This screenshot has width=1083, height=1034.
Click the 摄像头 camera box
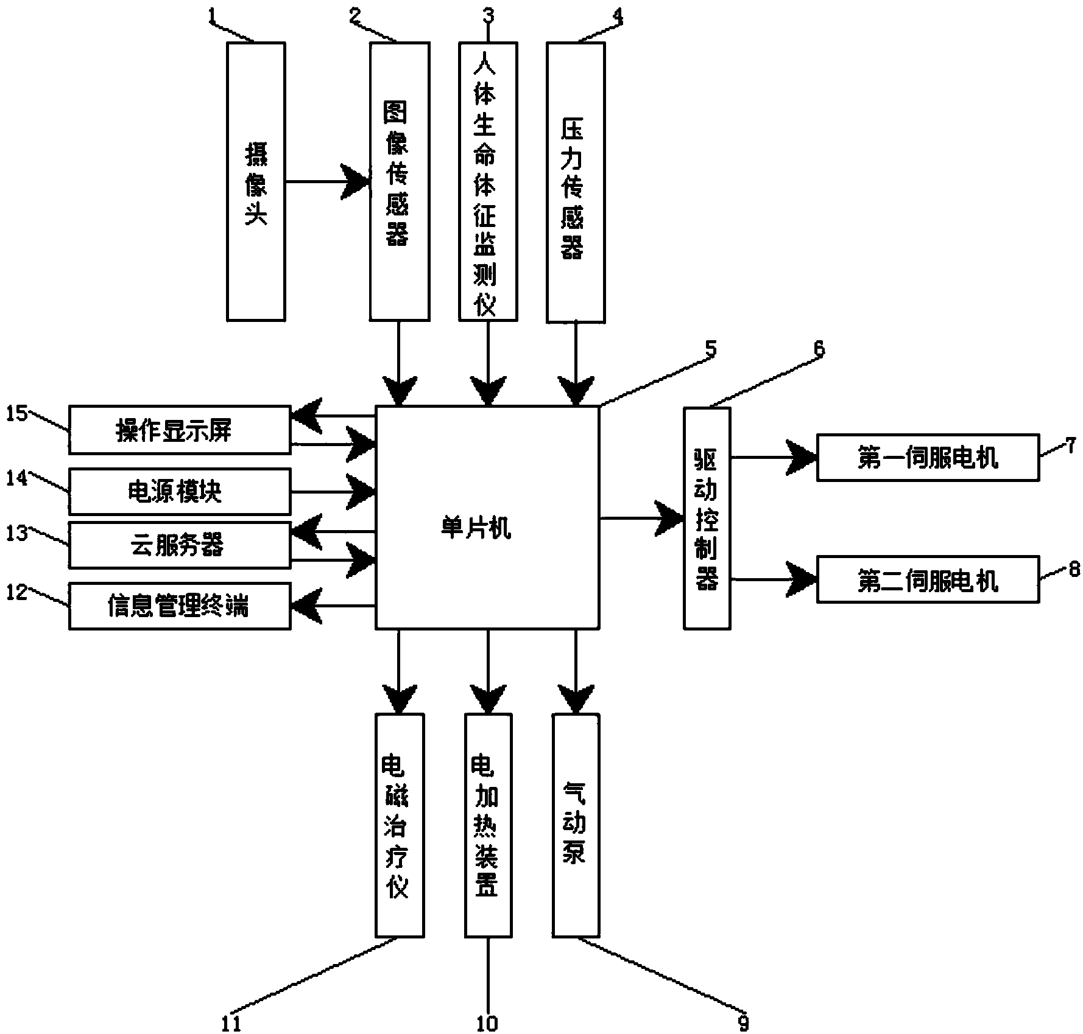pyautogui.click(x=255, y=181)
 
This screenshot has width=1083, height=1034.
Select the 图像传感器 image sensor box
pyautogui.click(x=399, y=181)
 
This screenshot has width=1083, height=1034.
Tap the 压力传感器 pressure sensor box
pyautogui.click(x=576, y=181)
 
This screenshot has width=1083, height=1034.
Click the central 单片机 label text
pyautogui.click(x=476, y=528)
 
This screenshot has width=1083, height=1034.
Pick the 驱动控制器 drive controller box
pyautogui.click(x=707, y=518)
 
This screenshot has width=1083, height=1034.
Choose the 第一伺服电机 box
pyautogui.click(x=927, y=458)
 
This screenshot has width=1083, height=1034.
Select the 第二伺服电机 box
pyautogui.click(x=927, y=579)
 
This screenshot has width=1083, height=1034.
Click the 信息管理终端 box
pyautogui.click(x=179, y=606)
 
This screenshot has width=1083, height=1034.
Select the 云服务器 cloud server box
pyautogui.click(x=179, y=545)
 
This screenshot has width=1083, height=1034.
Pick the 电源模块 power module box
pyautogui.click(x=179, y=491)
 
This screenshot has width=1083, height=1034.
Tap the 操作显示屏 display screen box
pyautogui.click(x=179, y=431)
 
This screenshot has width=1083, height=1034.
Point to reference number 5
pyautogui.click(x=710, y=349)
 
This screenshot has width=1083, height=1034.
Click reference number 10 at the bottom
pyautogui.click(x=487, y=1023)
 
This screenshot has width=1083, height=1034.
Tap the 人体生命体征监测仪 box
pyautogui.click(x=487, y=181)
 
